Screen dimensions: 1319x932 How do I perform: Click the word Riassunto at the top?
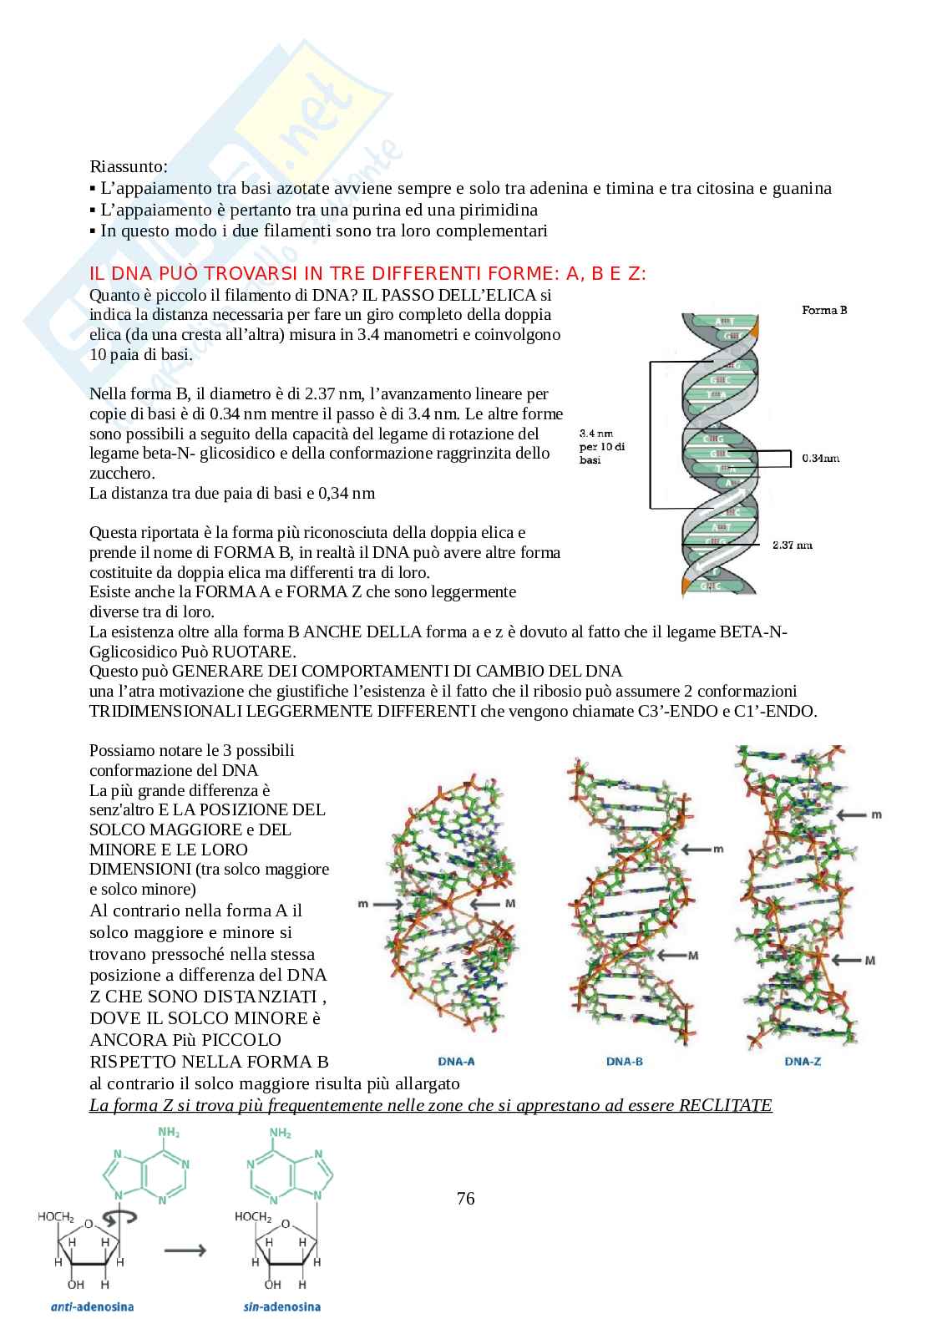tap(128, 166)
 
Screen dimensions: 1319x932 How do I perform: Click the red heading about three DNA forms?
tap(367, 274)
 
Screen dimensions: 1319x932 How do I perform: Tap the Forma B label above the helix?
tap(823, 310)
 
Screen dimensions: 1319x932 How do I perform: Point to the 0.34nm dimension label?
tap(819, 458)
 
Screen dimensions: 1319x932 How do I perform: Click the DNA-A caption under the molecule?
tap(456, 1062)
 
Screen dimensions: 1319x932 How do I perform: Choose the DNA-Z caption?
tap(803, 1062)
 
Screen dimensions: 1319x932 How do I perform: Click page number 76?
tap(465, 1199)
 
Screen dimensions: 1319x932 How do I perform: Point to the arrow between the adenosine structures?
tap(185, 1251)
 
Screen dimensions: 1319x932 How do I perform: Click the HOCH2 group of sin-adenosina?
tap(252, 1216)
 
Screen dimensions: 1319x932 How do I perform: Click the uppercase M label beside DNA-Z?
tap(869, 961)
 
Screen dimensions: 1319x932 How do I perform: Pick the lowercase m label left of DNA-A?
tap(362, 904)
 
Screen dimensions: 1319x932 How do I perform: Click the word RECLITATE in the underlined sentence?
tap(725, 1106)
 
